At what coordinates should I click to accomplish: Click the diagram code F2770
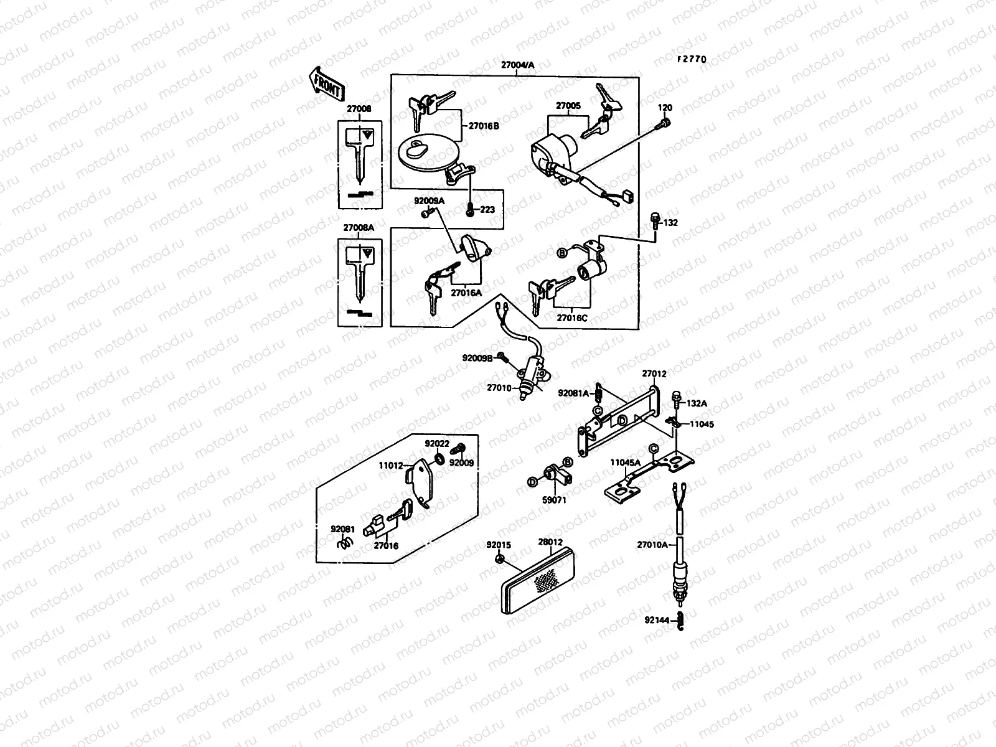(692, 60)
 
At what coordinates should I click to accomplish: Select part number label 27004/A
(517, 65)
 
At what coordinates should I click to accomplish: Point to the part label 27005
(568, 106)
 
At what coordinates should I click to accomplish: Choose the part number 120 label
(665, 108)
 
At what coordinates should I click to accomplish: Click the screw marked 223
(470, 210)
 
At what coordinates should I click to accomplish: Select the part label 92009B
(477, 358)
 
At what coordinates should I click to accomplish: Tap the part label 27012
(655, 374)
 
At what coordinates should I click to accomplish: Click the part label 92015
(499, 545)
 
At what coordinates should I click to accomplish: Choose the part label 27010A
(652, 545)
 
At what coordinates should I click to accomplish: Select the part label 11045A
(622, 463)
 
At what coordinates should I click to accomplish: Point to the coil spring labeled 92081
(343, 543)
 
